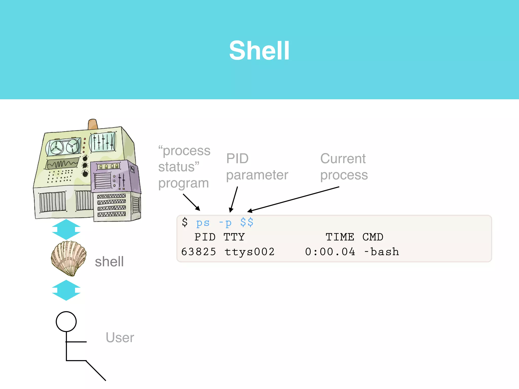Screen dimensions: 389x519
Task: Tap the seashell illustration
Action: (x=68, y=258)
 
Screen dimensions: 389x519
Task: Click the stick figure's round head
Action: (x=66, y=321)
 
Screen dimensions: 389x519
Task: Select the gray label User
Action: (x=120, y=338)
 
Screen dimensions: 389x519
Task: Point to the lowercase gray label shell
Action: (x=109, y=262)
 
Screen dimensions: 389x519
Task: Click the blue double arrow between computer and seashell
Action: (x=66, y=229)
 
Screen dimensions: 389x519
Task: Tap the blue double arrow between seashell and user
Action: (x=66, y=290)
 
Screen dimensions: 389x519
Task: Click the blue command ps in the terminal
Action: (x=203, y=223)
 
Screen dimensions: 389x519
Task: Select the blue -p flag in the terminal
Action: (x=225, y=223)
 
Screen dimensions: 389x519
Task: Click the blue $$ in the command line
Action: (x=247, y=222)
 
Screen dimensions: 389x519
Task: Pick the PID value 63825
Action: (x=199, y=252)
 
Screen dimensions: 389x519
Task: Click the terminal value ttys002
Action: (x=250, y=252)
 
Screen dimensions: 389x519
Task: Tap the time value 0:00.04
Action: (x=330, y=252)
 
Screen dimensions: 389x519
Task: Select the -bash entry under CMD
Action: (x=381, y=252)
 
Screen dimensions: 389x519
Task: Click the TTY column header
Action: (x=234, y=237)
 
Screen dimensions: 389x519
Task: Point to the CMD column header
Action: (x=373, y=237)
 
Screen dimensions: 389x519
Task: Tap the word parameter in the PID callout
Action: (x=257, y=175)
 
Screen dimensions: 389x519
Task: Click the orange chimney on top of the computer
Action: (x=92, y=124)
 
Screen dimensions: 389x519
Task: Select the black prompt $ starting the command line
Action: (x=185, y=222)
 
